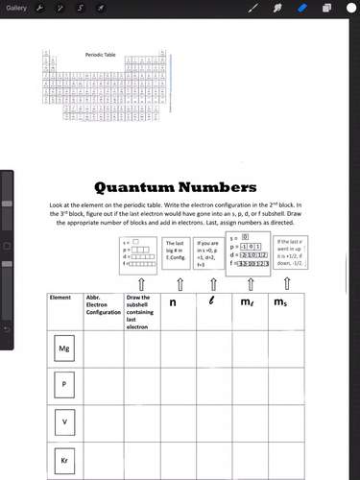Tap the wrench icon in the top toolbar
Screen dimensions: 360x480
[42, 8]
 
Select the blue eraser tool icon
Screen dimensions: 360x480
[301, 8]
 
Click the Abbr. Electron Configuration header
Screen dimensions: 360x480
[102, 305]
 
